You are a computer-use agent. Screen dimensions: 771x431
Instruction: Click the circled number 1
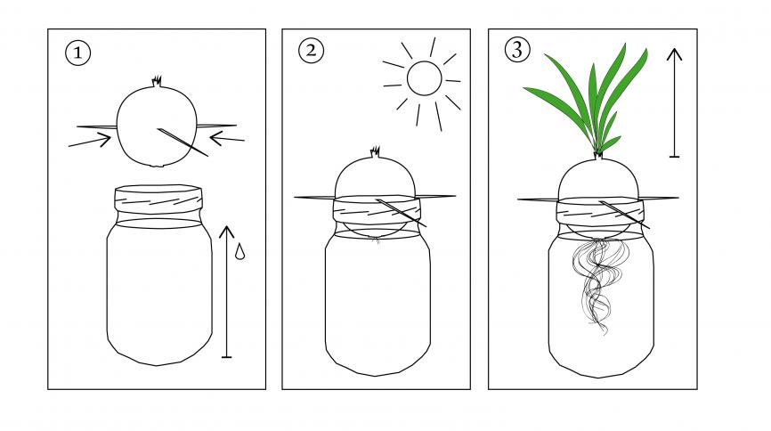point(77,53)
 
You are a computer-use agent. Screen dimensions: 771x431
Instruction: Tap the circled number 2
point(312,50)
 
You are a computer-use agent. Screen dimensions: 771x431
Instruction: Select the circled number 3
point(517,50)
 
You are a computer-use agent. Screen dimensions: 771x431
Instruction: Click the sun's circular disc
point(424,78)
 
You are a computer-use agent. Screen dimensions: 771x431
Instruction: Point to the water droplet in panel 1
point(239,251)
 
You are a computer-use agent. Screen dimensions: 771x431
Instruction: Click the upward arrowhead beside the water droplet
point(226,232)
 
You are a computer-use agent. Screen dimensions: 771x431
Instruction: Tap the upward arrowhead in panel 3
point(674,54)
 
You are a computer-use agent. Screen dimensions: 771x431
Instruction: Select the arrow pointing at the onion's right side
point(227,138)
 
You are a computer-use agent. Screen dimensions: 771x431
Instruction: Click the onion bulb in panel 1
point(157,126)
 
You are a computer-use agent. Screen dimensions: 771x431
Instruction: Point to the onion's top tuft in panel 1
point(157,82)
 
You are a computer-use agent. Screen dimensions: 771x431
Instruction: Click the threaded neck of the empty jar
point(158,199)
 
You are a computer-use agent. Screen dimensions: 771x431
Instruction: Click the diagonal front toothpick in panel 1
point(183,142)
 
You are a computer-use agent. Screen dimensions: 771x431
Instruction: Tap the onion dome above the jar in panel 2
point(375,178)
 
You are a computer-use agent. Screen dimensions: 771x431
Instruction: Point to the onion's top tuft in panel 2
point(375,151)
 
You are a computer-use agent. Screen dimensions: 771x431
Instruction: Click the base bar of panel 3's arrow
point(674,157)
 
